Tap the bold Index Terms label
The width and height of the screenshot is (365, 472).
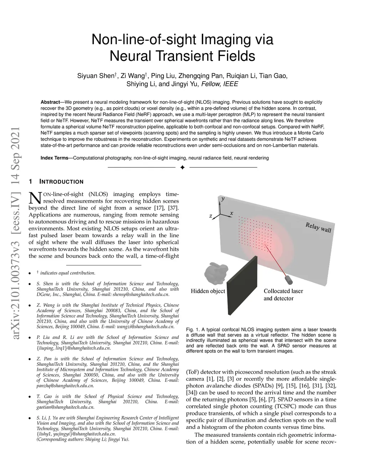tap(54, 158)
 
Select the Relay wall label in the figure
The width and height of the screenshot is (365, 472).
tap(318, 227)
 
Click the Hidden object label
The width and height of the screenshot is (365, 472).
tap(208, 291)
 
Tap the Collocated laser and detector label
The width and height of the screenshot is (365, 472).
tap(283, 295)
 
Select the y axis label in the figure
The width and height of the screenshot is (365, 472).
tap(223, 199)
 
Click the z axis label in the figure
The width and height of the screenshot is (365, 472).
tap(211, 216)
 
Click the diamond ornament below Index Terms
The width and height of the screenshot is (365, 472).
tap(182, 167)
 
